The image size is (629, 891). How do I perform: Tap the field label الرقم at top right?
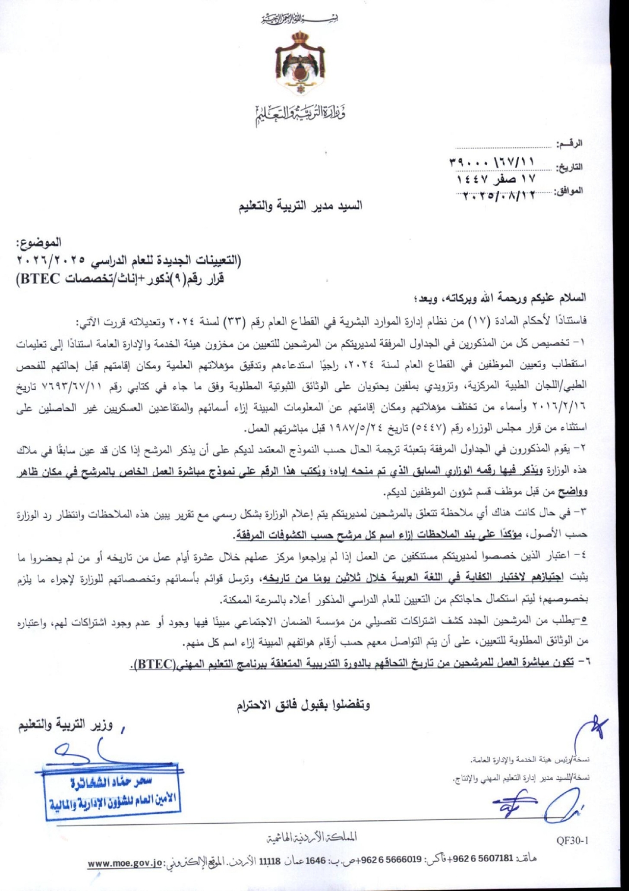coord(571,144)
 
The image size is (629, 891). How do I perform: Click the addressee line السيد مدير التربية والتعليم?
coord(300,206)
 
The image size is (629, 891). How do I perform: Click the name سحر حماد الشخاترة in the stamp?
coord(112,782)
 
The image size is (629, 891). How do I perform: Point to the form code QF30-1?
coord(572,839)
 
